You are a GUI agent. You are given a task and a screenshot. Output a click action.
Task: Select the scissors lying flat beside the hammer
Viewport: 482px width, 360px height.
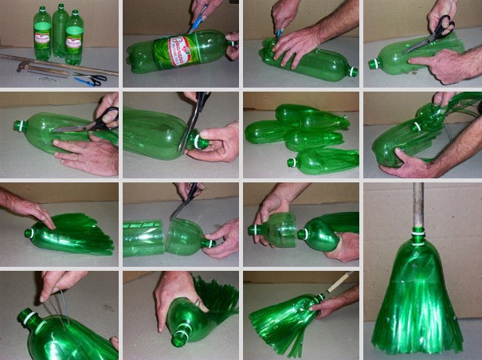pos(90,80)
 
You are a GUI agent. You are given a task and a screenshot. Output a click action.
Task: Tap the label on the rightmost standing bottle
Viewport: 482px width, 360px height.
pos(75,34)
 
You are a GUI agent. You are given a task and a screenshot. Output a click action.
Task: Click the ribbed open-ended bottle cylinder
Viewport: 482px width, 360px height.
pos(143,238)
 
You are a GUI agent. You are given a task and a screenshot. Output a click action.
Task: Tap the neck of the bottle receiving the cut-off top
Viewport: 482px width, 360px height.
pos(304,234)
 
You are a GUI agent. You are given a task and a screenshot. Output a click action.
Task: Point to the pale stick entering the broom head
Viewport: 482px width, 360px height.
pos(339,283)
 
